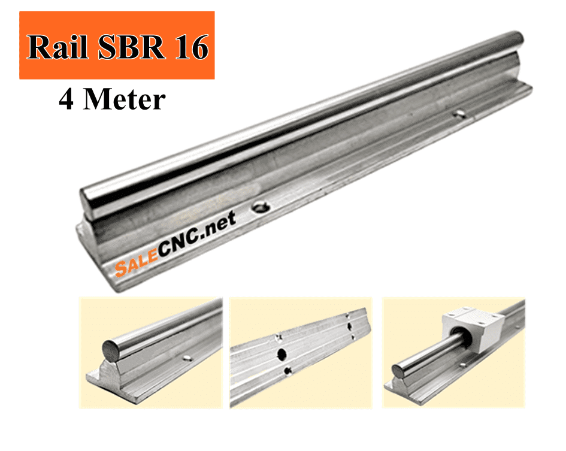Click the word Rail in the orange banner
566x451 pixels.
(57, 47)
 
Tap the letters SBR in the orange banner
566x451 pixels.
(132, 47)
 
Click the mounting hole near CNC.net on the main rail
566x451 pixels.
(261, 207)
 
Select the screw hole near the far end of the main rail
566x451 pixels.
(459, 114)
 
